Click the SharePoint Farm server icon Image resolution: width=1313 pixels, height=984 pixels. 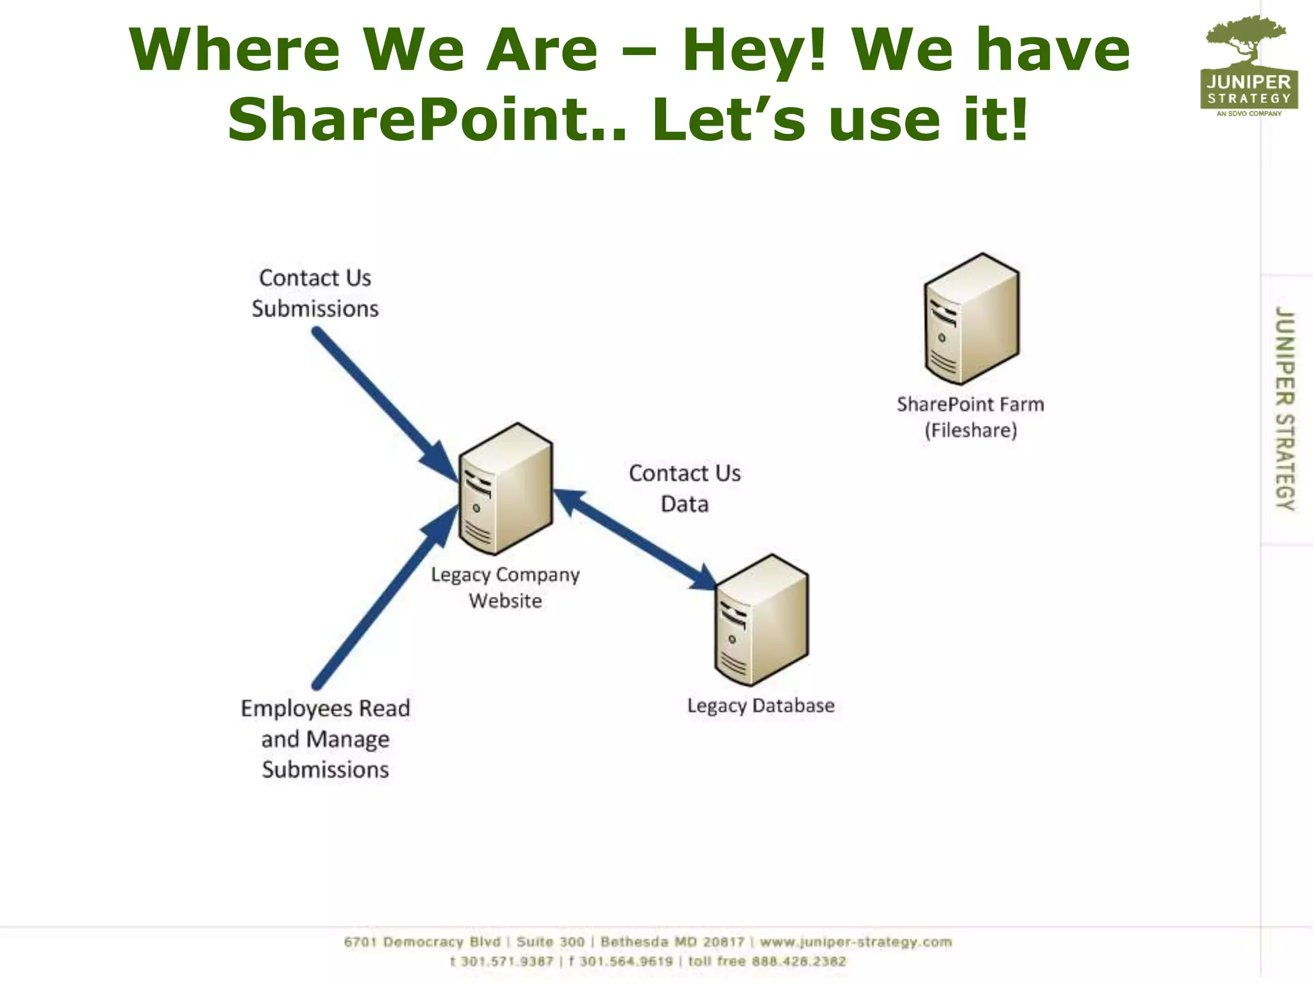click(971, 319)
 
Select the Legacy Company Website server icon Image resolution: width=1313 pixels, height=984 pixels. click(505, 489)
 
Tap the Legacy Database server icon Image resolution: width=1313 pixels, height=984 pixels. click(761, 620)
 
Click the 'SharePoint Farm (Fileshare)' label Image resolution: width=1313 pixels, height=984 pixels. click(970, 417)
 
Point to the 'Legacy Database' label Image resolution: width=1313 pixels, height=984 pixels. click(761, 705)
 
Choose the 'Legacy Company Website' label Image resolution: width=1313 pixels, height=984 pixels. click(505, 587)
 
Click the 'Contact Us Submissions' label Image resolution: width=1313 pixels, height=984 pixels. click(315, 293)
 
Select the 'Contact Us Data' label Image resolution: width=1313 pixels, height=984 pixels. click(685, 489)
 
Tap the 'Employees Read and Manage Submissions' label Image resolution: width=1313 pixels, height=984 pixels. click(325, 739)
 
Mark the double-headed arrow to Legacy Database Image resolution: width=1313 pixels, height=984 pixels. click(635, 538)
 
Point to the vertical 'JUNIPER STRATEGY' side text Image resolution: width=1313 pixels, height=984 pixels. click(1284, 408)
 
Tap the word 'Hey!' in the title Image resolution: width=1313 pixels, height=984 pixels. click(753, 50)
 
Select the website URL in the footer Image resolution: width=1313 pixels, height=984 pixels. click(855, 942)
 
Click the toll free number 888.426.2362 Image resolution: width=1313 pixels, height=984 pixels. click(799, 961)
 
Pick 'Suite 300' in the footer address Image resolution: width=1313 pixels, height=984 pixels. click(550, 942)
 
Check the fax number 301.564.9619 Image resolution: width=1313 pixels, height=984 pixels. click(626, 961)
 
